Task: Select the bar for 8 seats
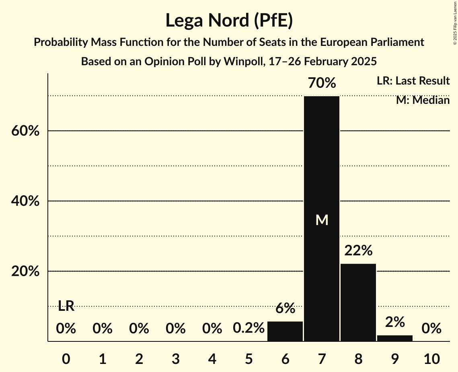pyautogui.click(x=358, y=302)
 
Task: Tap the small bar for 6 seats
pyautogui.click(x=285, y=331)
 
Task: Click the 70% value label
pyautogui.click(x=322, y=83)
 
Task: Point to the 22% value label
pyautogui.click(x=358, y=251)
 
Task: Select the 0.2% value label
pyautogui.click(x=249, y=329)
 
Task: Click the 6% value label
pyautogui.click(x=285, y=309)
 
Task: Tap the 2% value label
pyautogui.click(x=395, y=322)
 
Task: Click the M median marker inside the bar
pyautogui.click(x=322, y=220)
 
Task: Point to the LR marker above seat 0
pyautogui.click(x=66, y=306)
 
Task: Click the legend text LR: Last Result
pyautogui.click(x=413, y=81)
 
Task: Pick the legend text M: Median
pyautogui.click(x=423, y=100)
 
